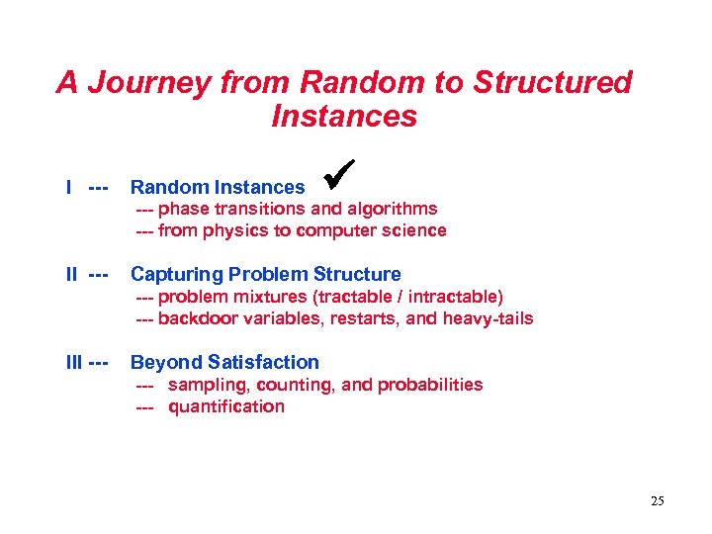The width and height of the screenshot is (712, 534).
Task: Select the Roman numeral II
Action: [72, 274]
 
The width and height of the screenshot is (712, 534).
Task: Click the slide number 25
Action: [658, 501]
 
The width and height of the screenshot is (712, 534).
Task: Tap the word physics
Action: [233, 230]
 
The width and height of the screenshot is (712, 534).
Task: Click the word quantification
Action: [226, 406]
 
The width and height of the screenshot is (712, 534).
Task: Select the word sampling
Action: [206, 385]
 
